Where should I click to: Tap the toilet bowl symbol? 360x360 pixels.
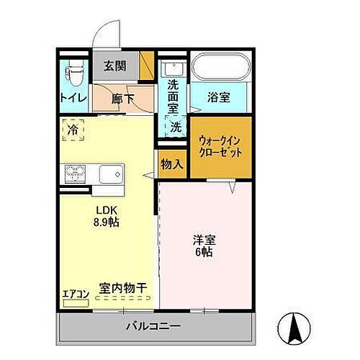tap(73, 73)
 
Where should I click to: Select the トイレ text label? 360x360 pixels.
tap(73, 97)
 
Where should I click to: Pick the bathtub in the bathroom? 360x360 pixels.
tap(220, 69)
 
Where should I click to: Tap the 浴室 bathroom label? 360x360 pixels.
tap(220, 98)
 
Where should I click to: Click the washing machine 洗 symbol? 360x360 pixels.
tap(176, 127)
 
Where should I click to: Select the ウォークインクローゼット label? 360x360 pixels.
tap(220, 148)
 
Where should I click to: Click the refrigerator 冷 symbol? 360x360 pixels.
tap(73, 130)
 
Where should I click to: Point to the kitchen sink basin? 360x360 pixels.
tap(111, 174)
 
